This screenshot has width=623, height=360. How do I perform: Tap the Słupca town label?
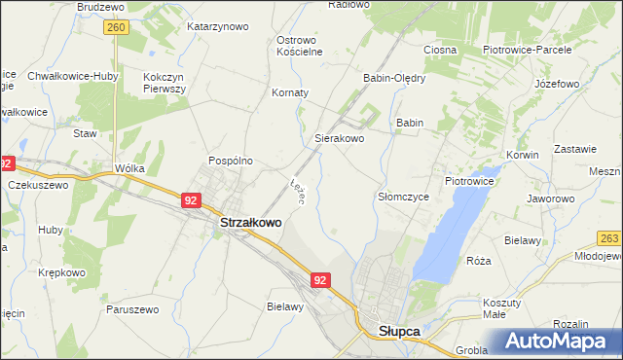(398, 331)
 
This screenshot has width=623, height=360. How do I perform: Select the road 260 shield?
(116, 28)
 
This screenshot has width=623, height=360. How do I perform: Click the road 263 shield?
(609, 238)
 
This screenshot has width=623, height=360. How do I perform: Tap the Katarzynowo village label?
(218, 27)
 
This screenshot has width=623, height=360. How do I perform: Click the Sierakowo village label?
(339, 139)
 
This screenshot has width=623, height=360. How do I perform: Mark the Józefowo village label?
(557, 84)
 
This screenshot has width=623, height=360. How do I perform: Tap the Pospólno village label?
(231, 161)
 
